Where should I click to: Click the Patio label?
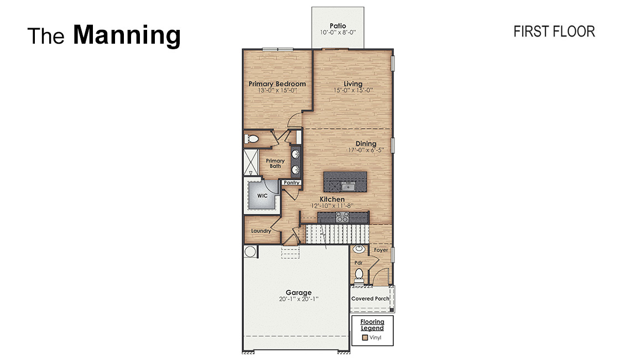338,25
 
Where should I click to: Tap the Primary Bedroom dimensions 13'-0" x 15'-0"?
277,90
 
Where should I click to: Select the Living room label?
353,84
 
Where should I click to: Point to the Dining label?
366,144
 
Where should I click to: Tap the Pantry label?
291,182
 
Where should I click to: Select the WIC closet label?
262,195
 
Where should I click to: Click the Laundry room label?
261,231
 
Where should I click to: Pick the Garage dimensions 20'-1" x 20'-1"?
299,299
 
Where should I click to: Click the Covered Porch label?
370,299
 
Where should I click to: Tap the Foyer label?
381,250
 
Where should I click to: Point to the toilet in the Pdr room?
359,274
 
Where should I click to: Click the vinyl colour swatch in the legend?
364,337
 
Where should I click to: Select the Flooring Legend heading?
372,325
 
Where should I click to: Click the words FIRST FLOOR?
554,32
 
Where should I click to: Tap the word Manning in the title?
127,34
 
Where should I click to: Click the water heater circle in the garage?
250,252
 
